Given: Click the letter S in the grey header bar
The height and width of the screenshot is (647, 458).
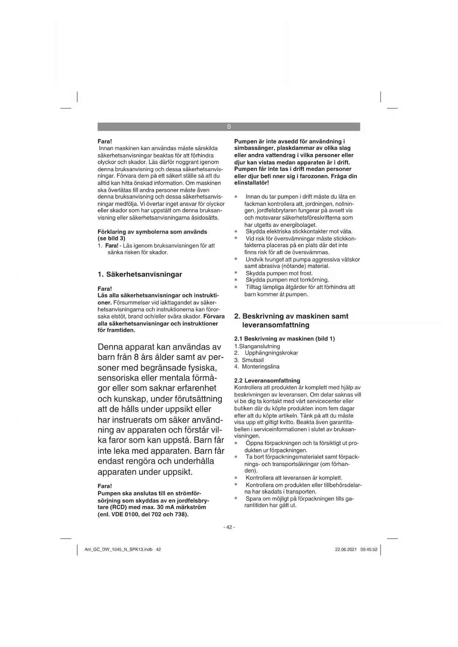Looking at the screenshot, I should pos(229,127).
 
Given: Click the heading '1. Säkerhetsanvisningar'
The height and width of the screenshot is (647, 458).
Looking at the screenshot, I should pos(140,274).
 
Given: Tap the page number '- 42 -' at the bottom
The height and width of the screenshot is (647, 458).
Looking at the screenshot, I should pos(229,527).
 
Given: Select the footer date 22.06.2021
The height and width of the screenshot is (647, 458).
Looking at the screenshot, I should pos(346,549).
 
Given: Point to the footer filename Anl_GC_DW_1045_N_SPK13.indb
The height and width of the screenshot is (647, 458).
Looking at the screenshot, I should pos(118,549).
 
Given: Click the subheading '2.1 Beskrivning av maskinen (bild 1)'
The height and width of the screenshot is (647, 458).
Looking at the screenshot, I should pos(285,339).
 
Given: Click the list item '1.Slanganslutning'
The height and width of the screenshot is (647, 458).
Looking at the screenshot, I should pos(257,346).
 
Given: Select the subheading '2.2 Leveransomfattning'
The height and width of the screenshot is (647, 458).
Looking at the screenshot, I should pos(267,380).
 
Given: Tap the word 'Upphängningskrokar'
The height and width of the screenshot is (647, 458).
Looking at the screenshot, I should pos(271,353).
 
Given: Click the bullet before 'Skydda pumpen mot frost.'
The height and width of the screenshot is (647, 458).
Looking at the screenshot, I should pos(236,273).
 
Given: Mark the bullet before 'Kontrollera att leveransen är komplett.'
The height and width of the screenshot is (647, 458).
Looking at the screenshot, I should pos(236,478).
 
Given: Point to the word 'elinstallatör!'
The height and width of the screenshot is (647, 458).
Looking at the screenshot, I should pos(252,183).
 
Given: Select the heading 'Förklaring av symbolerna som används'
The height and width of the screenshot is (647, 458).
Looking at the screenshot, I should pos(152,232).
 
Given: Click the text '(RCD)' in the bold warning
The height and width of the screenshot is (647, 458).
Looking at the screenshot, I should pos(118,507).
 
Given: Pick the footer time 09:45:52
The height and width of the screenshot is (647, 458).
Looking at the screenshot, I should pos(369,549).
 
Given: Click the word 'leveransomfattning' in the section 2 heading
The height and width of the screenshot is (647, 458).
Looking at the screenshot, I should pos(276,325).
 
